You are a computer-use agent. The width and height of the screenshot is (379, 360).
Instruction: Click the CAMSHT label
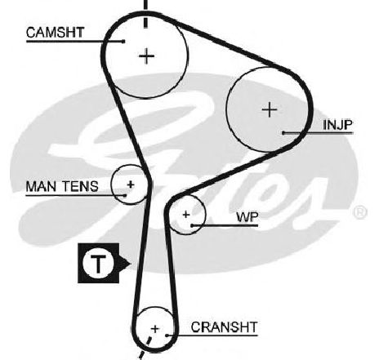[x=56, y=33]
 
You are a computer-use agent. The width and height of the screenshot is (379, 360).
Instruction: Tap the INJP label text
[x=337, y=125]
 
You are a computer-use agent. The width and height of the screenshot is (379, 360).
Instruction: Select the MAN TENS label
[x=62, y=186]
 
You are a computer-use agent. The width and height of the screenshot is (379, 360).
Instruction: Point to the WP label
[x=247, y=217]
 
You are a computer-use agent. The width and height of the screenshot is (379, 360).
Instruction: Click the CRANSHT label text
[x=224, y=327]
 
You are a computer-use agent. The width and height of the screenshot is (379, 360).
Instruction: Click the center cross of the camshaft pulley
[x=147, y=56]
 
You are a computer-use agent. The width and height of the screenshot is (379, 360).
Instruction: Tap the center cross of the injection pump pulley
[x=270, y=109]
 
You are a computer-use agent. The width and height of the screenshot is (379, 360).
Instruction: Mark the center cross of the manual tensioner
[x=131, y=184]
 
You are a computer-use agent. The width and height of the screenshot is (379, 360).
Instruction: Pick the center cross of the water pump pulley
[x=186, y=215]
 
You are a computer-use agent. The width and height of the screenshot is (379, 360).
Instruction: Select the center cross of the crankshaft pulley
[x=155, y=329]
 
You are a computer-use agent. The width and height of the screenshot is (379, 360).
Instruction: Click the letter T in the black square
[x=98, y=263]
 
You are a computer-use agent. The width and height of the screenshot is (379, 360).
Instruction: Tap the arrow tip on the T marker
[x=131, y=263]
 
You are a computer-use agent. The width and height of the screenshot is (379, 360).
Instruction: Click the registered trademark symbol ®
[x=360, y=212]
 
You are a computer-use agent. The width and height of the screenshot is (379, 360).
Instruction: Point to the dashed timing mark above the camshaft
[x=145, y=14]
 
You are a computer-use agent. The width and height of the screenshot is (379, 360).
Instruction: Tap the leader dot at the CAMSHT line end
[x=123, y=42]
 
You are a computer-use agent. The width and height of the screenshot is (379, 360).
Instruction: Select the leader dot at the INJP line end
[x=283, y=133]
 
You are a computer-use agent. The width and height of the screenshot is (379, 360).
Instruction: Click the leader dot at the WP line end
[x=192, y=225]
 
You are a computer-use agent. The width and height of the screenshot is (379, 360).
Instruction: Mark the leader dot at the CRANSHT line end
[x=167, y=336]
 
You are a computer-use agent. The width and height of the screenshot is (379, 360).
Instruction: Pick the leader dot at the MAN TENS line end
[x=125, y=195]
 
